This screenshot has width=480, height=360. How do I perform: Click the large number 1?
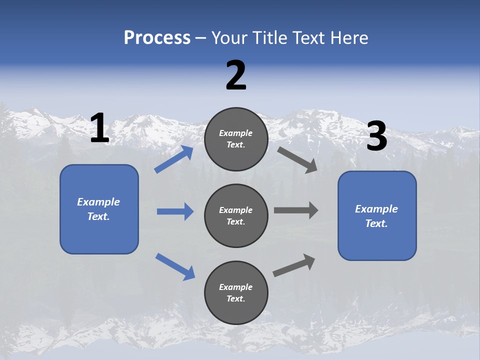click(99, 128)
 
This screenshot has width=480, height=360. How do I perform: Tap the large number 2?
click(236, 75)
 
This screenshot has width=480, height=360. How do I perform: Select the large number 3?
click(376, 136)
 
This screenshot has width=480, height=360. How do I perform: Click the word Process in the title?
click(157, 37)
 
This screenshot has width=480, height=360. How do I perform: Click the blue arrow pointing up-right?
click(174, 159)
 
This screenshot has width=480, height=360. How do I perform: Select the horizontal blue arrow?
click(175, 211)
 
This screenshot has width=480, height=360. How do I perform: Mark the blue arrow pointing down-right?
click(175, 266)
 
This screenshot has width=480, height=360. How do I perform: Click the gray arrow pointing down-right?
click(297, 160)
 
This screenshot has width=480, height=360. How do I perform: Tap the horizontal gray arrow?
click(296, 210)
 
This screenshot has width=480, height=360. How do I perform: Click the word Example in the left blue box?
click(98, 202)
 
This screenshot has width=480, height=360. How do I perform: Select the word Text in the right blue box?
click(376, 223)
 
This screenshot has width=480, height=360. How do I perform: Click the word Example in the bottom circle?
click(236, 287)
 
